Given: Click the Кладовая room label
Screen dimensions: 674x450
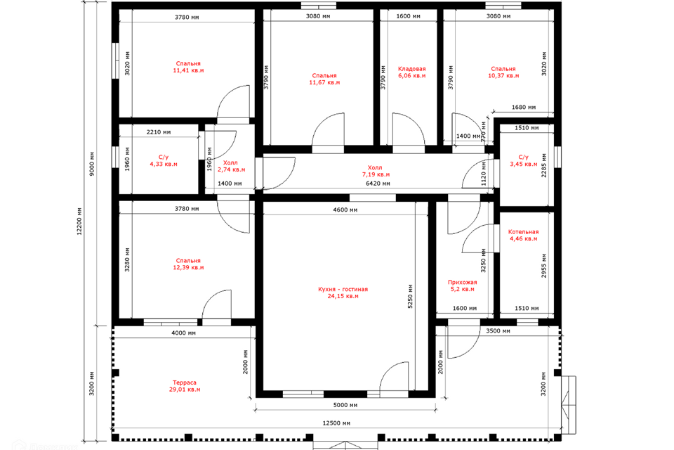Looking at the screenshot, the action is tap(411, 69).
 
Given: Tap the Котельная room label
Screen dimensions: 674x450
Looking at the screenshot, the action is tap(523, 232).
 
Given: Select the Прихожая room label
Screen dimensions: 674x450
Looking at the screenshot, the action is tap(463, 283).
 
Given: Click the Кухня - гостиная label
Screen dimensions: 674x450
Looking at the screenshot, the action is tap(343, 290).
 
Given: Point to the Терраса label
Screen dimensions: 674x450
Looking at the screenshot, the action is tap(185, 382).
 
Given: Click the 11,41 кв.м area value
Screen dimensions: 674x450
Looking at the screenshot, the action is tap(188, 70).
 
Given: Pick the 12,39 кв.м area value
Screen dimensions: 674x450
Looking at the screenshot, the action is tap(188, 267).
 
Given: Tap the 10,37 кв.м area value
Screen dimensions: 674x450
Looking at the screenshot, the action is tap(503, 76).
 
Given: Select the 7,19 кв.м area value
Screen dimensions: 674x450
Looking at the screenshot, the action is tap(376, 175).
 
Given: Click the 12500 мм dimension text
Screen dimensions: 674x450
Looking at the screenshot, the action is tap(336, 423).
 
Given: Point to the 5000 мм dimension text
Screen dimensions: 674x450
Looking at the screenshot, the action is tap(345, 405).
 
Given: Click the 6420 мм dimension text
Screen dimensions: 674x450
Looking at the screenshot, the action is tap(378, 184).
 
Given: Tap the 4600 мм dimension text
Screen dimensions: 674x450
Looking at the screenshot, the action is tap(345, 210).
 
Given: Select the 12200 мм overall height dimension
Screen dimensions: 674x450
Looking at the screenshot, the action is tap(79, 221).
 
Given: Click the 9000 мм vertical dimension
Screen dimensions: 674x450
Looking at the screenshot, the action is tap(92, 164).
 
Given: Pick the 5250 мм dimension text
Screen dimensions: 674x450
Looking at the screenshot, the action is tap(410, 296).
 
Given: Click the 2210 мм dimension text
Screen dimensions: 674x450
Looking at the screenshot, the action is tap(159, 132).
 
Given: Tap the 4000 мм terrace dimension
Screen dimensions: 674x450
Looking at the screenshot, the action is tap(183, 333).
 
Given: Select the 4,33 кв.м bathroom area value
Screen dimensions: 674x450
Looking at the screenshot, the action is tap(164, 164).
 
